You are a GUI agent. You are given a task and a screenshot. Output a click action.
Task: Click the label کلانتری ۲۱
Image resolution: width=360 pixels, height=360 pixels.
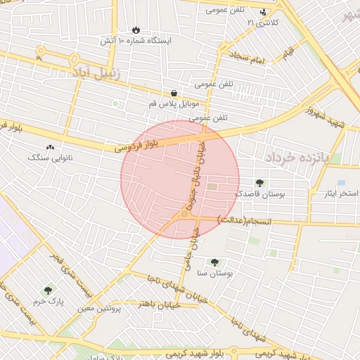[x=262, y=23]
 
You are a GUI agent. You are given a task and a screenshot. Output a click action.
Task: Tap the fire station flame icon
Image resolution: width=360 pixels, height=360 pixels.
[x=135, y=31]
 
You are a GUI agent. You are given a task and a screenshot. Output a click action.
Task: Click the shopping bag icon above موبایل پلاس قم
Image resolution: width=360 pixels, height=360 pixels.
[x=173, y=94]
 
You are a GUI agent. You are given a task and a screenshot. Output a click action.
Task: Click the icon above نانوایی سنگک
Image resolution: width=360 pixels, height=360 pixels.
[x=49, y=148]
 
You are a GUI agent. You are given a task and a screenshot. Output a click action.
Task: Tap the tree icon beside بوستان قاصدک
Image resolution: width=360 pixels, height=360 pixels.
[x=262, y=183]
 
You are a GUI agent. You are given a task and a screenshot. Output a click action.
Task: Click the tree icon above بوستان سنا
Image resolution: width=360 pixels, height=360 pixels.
[x=214, y=262]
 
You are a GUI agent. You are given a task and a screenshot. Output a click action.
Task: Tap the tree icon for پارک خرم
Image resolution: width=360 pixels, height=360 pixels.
[x=48, y=290]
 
